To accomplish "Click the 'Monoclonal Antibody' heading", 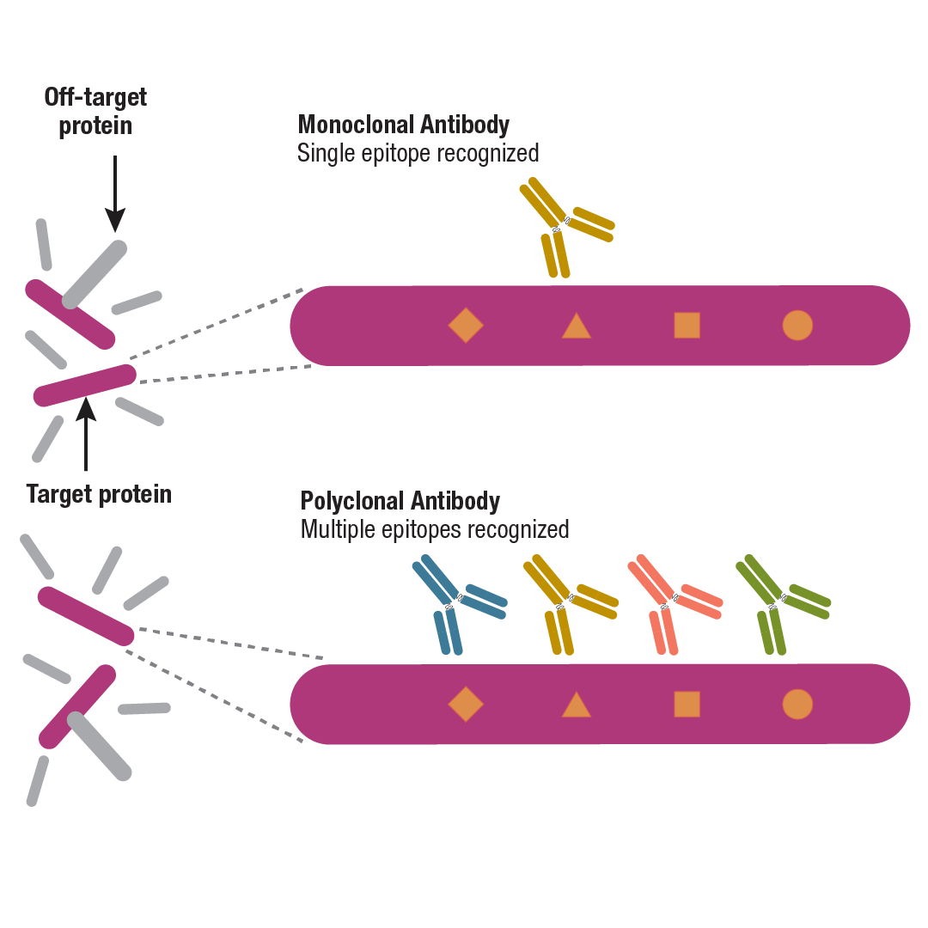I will (x=403, y=125).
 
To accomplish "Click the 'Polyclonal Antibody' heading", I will (x=400, y=501).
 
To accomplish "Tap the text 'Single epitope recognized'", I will (x=418, y=153).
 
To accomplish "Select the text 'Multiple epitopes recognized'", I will (x=434, y=529).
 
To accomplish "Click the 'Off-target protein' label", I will (x=95, y=111).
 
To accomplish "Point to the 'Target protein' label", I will (x=99, y=494).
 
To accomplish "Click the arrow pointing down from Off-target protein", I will (x=114, y=193).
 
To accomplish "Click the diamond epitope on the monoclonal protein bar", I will (x=466, y=325).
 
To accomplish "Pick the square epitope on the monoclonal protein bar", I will (x=687, y=326).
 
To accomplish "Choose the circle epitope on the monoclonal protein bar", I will (x=797, y=326).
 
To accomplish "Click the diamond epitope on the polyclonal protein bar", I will (x=466, y=704).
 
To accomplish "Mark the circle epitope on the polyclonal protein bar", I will (x=797, y=704).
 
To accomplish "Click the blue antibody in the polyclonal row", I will (x=455, y=602).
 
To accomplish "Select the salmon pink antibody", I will (x=670, y=602).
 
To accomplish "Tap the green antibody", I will (x=778, y=602).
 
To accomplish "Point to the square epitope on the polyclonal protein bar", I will (x=687, y=704).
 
